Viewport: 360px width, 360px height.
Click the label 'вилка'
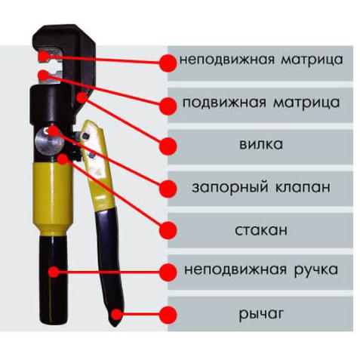(x=261, y=144)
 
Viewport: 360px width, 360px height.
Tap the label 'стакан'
(x=261, y=230)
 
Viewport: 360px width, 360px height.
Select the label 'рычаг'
(x=261, y=315)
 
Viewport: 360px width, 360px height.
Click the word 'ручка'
(x=315, y=270)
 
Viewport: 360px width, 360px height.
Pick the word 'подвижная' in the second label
(x=224, y=103)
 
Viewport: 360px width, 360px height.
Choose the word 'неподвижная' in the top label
(x=226, y=60)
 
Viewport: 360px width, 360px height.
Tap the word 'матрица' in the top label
(x=312, y=60)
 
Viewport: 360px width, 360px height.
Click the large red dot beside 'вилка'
(x=168, y=146)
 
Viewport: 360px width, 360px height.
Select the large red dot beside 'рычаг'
(x=168, y=315)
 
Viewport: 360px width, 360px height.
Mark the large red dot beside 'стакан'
(x=168, y=230)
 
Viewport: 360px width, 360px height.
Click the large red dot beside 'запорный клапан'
(x=168, y=189)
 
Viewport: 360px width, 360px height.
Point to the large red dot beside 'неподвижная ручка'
(x=168, y=272)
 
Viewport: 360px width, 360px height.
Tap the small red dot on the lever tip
(x=116, y=315)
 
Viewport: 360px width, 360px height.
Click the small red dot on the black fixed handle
(x=54, y=272)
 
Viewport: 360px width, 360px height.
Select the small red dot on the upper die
(x=44, y=56)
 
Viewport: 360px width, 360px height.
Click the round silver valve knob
(x=50, y=140)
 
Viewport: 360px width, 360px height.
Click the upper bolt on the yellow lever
(x=86, y=137)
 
